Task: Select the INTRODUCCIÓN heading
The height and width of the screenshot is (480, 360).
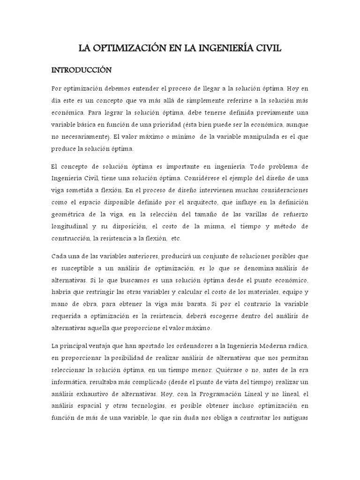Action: coord(81,70)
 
